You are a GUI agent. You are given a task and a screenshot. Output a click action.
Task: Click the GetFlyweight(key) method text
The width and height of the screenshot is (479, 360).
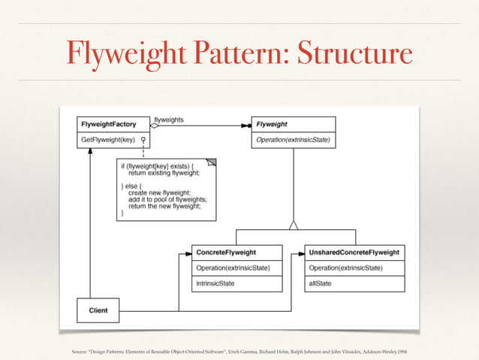point(108,139)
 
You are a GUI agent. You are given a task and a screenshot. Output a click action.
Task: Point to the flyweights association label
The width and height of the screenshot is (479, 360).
point(169,119)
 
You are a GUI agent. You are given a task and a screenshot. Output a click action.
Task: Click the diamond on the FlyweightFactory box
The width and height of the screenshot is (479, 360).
point(155,126)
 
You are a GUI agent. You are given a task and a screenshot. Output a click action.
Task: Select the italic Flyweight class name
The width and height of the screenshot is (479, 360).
point(272,124)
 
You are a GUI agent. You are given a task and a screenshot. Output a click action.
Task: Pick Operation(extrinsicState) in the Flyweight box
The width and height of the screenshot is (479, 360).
point(293,139)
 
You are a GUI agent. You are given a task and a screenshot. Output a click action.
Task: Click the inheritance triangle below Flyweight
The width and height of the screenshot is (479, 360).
point(294,224)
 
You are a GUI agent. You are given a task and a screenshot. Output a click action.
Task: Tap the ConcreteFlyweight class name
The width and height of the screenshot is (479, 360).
point(226,253)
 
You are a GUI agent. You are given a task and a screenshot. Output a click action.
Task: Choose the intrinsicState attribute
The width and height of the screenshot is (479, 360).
point(215,283)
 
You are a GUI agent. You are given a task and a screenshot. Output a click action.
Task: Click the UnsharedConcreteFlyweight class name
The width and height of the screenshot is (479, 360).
point(354,253)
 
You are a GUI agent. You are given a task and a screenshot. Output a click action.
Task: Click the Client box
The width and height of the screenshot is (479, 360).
point(98,310)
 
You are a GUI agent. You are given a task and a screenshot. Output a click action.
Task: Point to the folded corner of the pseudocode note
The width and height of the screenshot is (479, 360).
point(212,162)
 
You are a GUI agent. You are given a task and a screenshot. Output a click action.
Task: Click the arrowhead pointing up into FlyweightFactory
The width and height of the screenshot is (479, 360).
point(89,152)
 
